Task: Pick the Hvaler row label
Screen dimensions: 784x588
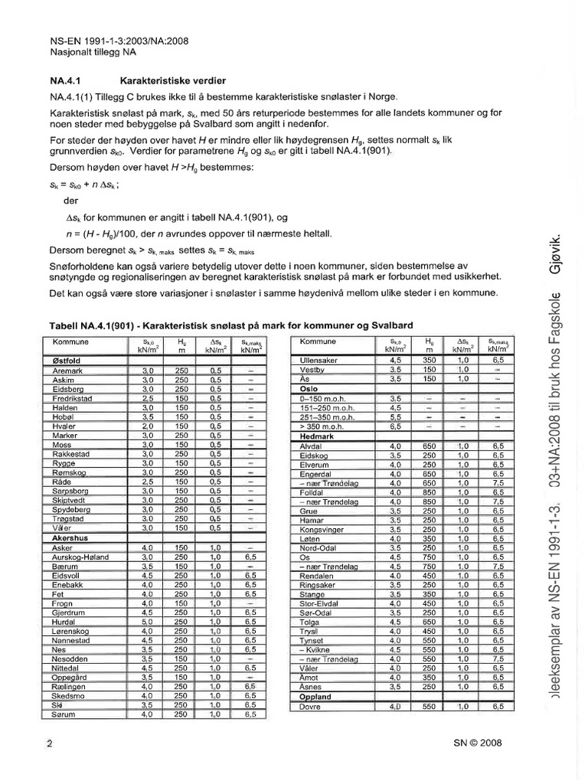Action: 64,426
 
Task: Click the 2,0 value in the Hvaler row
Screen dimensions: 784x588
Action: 148,426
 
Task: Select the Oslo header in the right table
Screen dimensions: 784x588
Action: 310,388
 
